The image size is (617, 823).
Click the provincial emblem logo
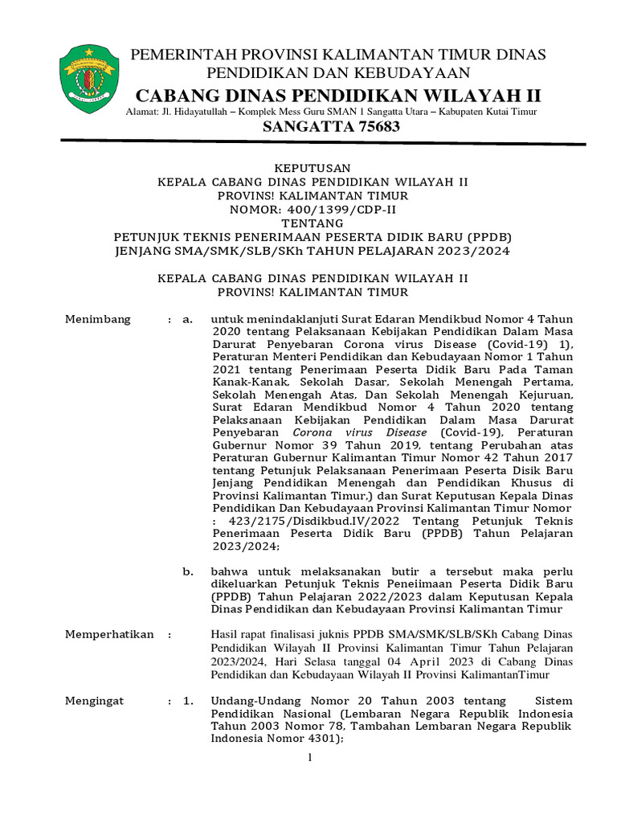pyautogui.click(x=89, y=79)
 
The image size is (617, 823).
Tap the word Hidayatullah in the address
pyautogui.click(x=210, y=112)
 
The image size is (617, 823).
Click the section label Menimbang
pyautogui.click(x=97, y=319)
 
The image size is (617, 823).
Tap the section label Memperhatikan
pyautogui.click(x=108, y=634)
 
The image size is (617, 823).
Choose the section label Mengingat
pyautogui.click(x=94, y=700)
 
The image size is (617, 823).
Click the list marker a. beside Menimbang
pyautogui.click(x=187, y=319)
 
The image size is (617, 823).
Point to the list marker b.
pyautogui.click(x=187, y=571)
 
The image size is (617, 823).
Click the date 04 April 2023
pyautogui.click(x=379, y=661)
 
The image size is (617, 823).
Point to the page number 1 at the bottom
pyautogui.click(x=309, y=757)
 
